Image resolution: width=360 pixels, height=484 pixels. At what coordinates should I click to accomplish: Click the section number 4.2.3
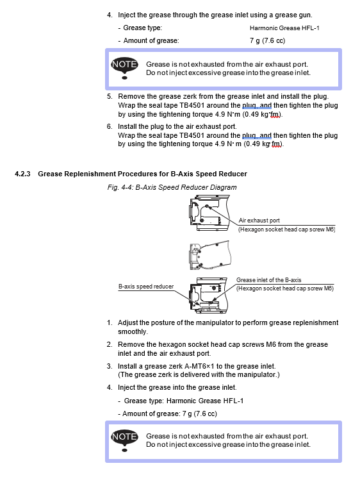[22, 174]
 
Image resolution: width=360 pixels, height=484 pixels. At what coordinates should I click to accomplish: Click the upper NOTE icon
[124, 67]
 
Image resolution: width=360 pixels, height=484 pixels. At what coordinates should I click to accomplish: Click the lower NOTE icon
[124, 440]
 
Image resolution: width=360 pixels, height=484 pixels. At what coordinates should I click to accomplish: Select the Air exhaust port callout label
[259, 221]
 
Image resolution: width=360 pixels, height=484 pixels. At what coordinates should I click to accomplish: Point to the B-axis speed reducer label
[146, 287]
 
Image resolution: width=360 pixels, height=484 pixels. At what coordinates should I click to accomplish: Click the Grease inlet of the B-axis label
[268, 280]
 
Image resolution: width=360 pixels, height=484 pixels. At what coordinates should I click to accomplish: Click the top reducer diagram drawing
[210, 213]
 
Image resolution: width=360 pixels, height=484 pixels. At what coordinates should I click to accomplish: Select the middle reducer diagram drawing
[209, 255]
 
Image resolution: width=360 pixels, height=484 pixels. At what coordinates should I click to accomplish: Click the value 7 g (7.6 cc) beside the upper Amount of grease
[268, 40]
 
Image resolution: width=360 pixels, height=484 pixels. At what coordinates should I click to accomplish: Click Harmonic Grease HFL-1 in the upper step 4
[284, 28]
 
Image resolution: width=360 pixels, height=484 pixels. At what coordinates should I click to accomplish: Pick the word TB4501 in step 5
[192, 105]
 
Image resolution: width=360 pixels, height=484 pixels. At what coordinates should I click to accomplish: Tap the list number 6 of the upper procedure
[110, 126]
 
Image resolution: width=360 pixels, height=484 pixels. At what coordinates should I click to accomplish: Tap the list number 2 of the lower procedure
[110, 344]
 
